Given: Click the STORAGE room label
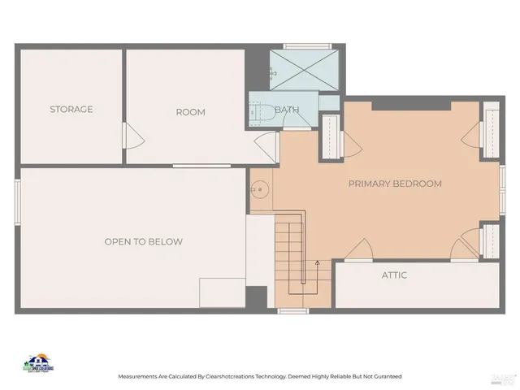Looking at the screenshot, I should pyautogui.click(x=71, y=109).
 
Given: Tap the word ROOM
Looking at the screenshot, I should pyautogui.click(x=190, y=112).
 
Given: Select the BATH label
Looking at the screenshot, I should pyautogui.click(x=287, y=110).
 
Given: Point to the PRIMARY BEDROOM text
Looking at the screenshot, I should pyautogui.click(x=395, y=184).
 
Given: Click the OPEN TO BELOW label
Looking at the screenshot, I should pyautogui.click(x=143, y=241).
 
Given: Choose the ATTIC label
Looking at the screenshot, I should pyautogui.click(x=394, y=275).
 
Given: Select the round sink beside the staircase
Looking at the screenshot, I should pyautogui.click(x=259, y=190).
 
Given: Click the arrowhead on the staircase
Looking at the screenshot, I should pyautogui.click(x=317, y=262).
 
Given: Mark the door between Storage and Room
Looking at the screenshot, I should pyautogui.click(x=125, y=135).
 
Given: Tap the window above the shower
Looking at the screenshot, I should pyautogui.click(x=307, y=46).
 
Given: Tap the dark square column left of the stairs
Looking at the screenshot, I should pyautogui.click(x=257, y=297).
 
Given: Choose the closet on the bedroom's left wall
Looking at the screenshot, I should pyautogui.click(x=331, y=135).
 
